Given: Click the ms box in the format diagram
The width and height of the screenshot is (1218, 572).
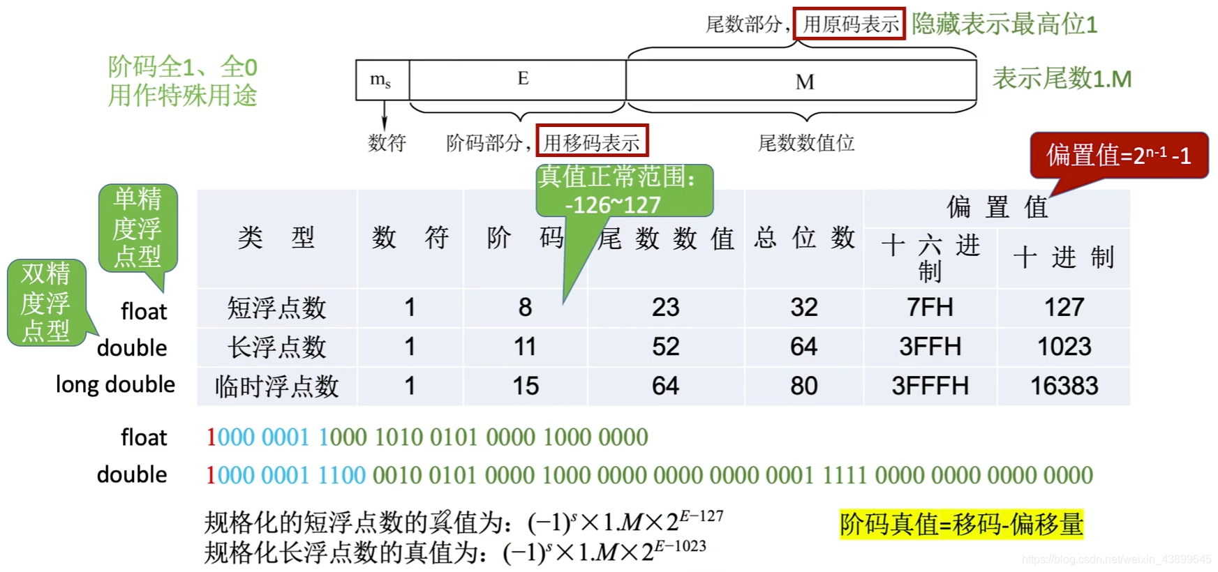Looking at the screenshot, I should [381, 80].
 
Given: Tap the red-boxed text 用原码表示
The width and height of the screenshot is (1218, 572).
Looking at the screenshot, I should [849, 24].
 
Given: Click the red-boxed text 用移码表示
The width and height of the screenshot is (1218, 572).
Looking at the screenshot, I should [592, 142].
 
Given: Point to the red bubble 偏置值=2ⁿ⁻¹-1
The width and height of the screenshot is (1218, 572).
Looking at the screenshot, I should [1118, 155].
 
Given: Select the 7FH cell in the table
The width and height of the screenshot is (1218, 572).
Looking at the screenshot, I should [930, 308].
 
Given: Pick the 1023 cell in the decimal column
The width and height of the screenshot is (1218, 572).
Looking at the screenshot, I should [1064, 347].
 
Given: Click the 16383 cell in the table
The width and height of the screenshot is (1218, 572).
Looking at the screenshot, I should [1064, 386].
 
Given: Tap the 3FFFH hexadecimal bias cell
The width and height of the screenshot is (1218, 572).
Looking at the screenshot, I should [930, 386].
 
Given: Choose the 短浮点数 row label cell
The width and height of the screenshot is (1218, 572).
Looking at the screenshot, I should [276, 308].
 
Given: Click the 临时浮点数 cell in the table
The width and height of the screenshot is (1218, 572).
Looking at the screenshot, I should [276, 386].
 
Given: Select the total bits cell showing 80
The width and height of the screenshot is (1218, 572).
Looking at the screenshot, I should [803, 386].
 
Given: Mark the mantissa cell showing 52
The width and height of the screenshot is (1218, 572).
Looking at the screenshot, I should [665, 347].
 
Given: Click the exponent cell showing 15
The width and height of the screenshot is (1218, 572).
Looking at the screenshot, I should [525, 386].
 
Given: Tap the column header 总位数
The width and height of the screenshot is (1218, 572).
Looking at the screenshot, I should [804, 238].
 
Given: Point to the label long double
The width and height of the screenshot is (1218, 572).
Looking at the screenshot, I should [115, 384].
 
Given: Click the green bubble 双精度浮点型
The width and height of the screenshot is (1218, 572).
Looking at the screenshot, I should [46, 303].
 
